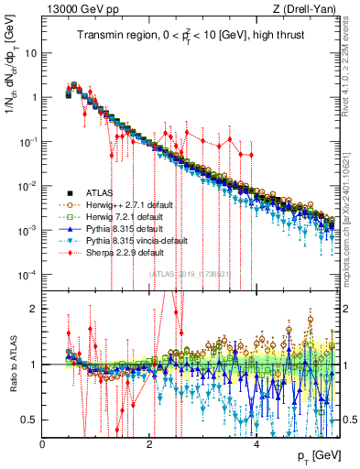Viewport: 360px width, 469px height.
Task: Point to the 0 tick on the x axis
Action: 43,444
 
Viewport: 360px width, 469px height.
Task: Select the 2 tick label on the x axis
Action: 150,444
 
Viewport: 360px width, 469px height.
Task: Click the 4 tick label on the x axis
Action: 256,444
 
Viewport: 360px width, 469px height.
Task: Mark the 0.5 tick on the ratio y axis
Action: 30,420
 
